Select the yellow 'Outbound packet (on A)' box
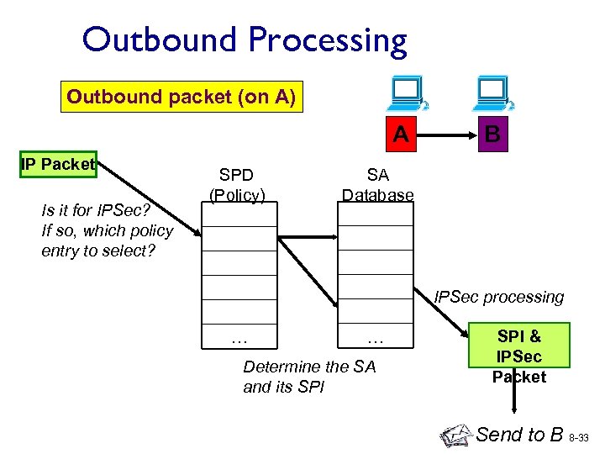[181, 97]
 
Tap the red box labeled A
[402, 135]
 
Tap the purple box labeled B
[493, 135]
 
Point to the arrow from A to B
[447, 135]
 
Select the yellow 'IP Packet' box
[58, 164]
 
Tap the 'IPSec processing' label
[499, 297]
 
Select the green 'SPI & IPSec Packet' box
[519, 356]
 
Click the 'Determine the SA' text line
[309, 367]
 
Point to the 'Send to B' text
[519, 434]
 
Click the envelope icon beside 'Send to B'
[455, 435]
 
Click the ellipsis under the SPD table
[239, 340]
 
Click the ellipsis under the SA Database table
[376, 340]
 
